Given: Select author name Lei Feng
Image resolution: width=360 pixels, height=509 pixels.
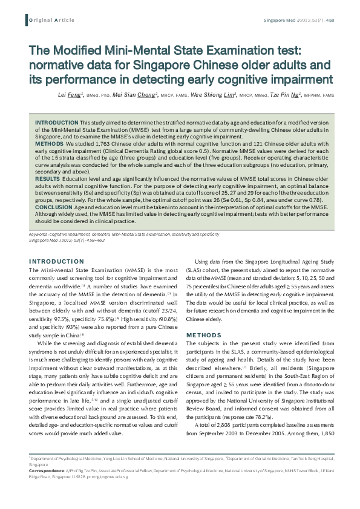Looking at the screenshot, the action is [70, 96].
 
